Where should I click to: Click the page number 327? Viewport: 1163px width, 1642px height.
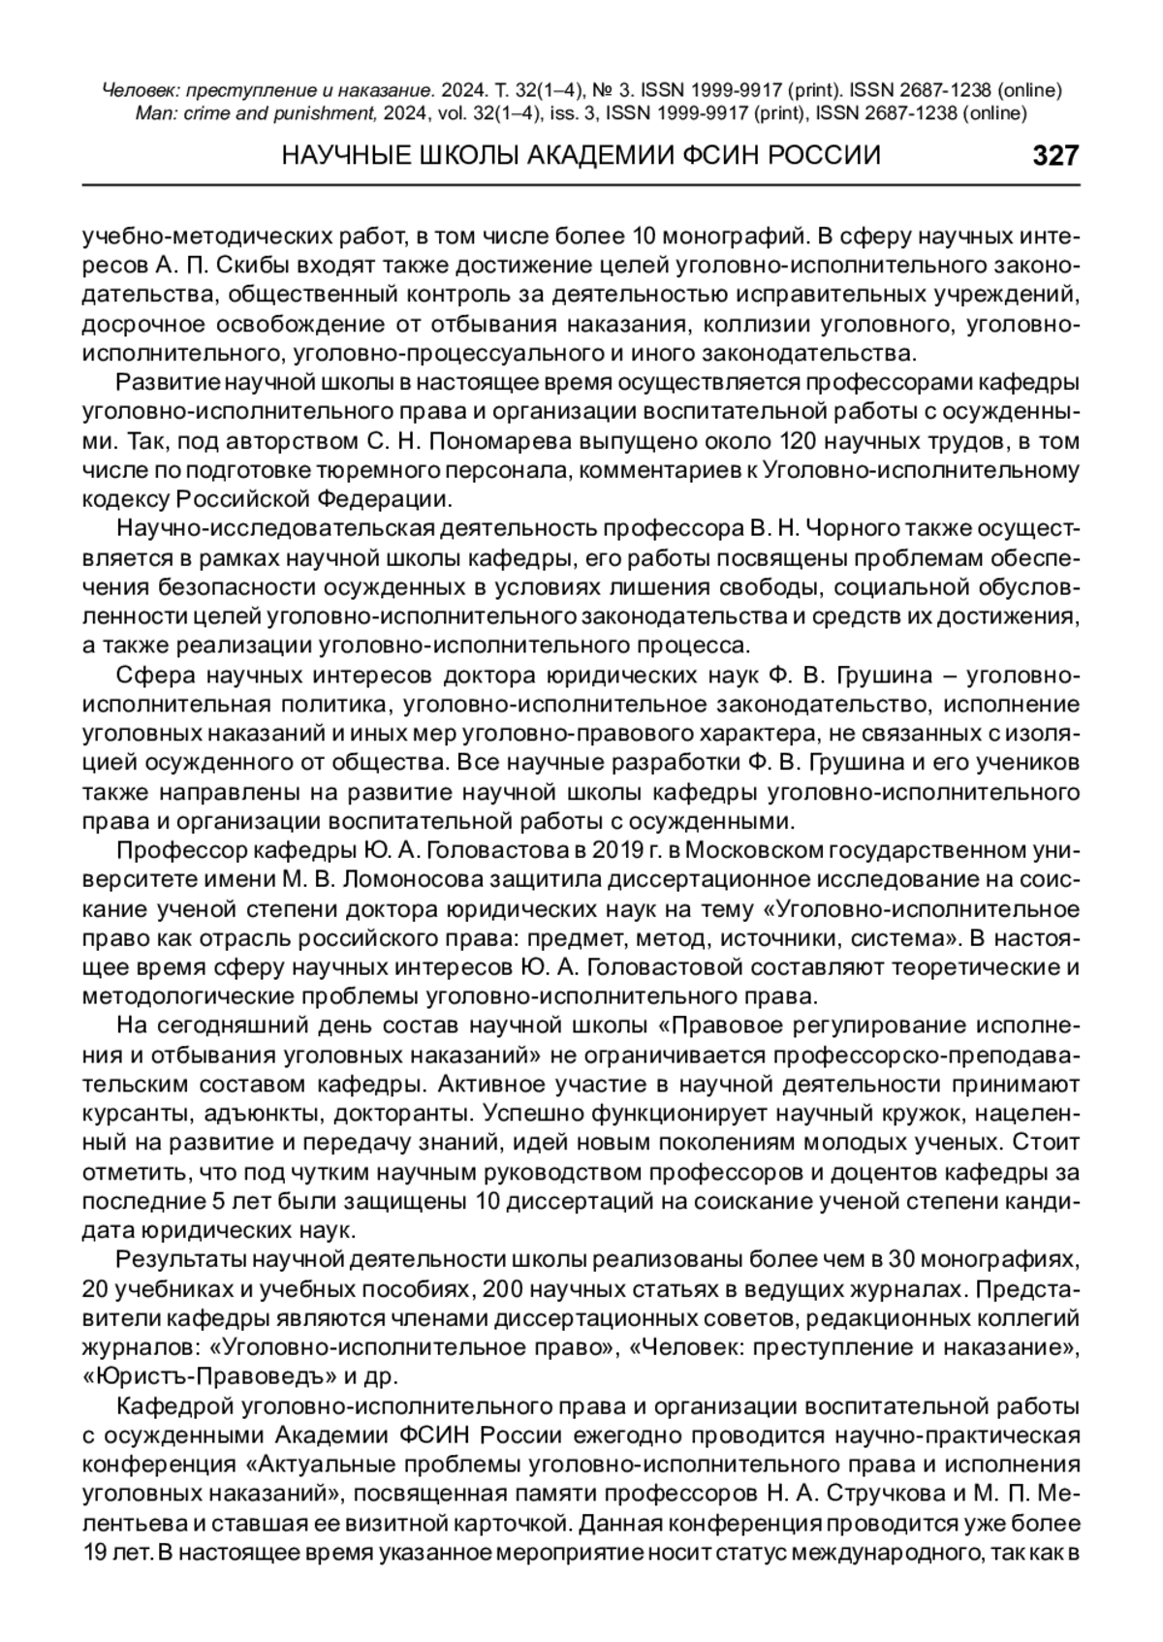click(x=1054, y=155)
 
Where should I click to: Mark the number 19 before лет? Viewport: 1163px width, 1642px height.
click(x=96, y=1551)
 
